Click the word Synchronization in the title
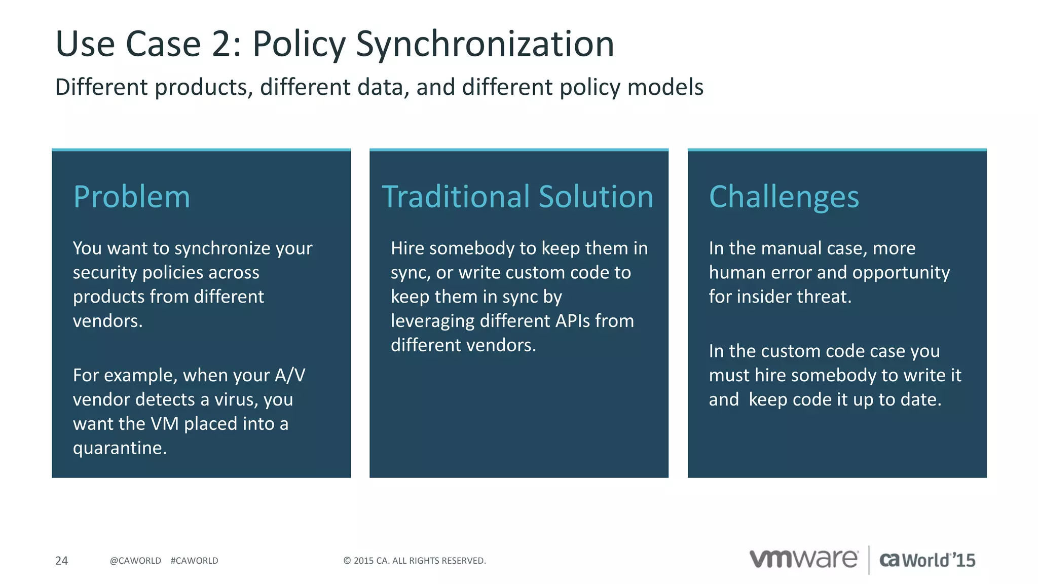[x=485, y=45]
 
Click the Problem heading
[x=132, y=197]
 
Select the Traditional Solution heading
[x=517, y=197]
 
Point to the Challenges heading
[x=784, y=197]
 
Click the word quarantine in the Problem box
[x=118, y=448]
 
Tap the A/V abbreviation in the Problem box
[x=290, y=375]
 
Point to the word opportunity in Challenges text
[x=901, y=273]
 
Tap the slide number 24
[x=61, y=561]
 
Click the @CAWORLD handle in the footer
[x=135, y=561]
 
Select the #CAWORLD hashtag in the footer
[x=194, y=561]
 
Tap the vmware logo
[x=803, y=559]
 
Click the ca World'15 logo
[x=927, y=560]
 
